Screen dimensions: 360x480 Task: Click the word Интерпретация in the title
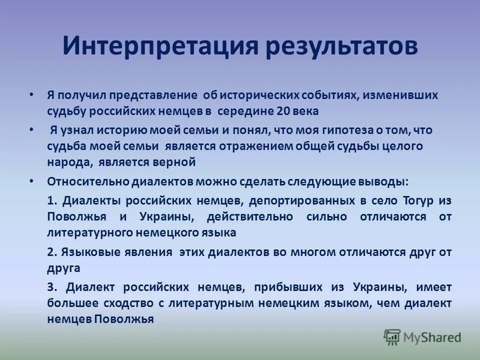tap(159, 46)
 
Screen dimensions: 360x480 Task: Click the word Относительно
tap(88, 181)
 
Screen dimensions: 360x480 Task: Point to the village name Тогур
tap(419, 200)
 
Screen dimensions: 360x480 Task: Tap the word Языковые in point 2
tap(89, 252)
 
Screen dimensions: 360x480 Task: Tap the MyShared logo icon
tap(392, 337)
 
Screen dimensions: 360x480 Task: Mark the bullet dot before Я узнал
tap(31, 130)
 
